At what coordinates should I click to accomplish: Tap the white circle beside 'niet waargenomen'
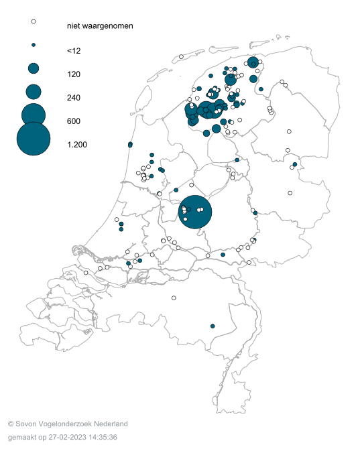[x=33, y=21]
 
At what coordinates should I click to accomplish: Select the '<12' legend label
[x=74, y=50]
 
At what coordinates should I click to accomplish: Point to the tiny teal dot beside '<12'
[x=33, y=45]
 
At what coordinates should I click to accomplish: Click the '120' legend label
[x=74, y=74]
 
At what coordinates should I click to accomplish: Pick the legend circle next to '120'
[x=33, y=68]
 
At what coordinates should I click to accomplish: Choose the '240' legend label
[x=74, y=98]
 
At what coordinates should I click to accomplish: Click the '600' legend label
[x=74, y=121]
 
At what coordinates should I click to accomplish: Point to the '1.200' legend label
[x=77, y=145]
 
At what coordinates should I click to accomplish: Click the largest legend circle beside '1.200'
[x=33, y=139]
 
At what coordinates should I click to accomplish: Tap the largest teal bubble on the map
[x=195, y=212]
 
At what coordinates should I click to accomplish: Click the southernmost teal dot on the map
[x=213, y=326]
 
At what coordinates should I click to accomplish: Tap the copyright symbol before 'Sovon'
[x=11, y=424]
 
